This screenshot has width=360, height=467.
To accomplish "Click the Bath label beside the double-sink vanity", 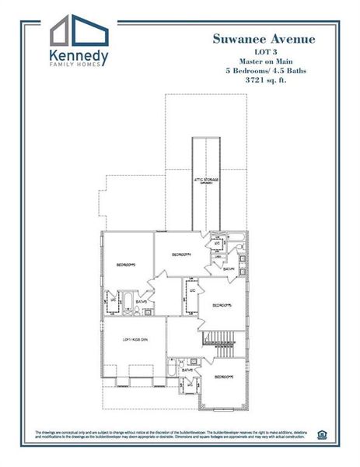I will tap(229, 269).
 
